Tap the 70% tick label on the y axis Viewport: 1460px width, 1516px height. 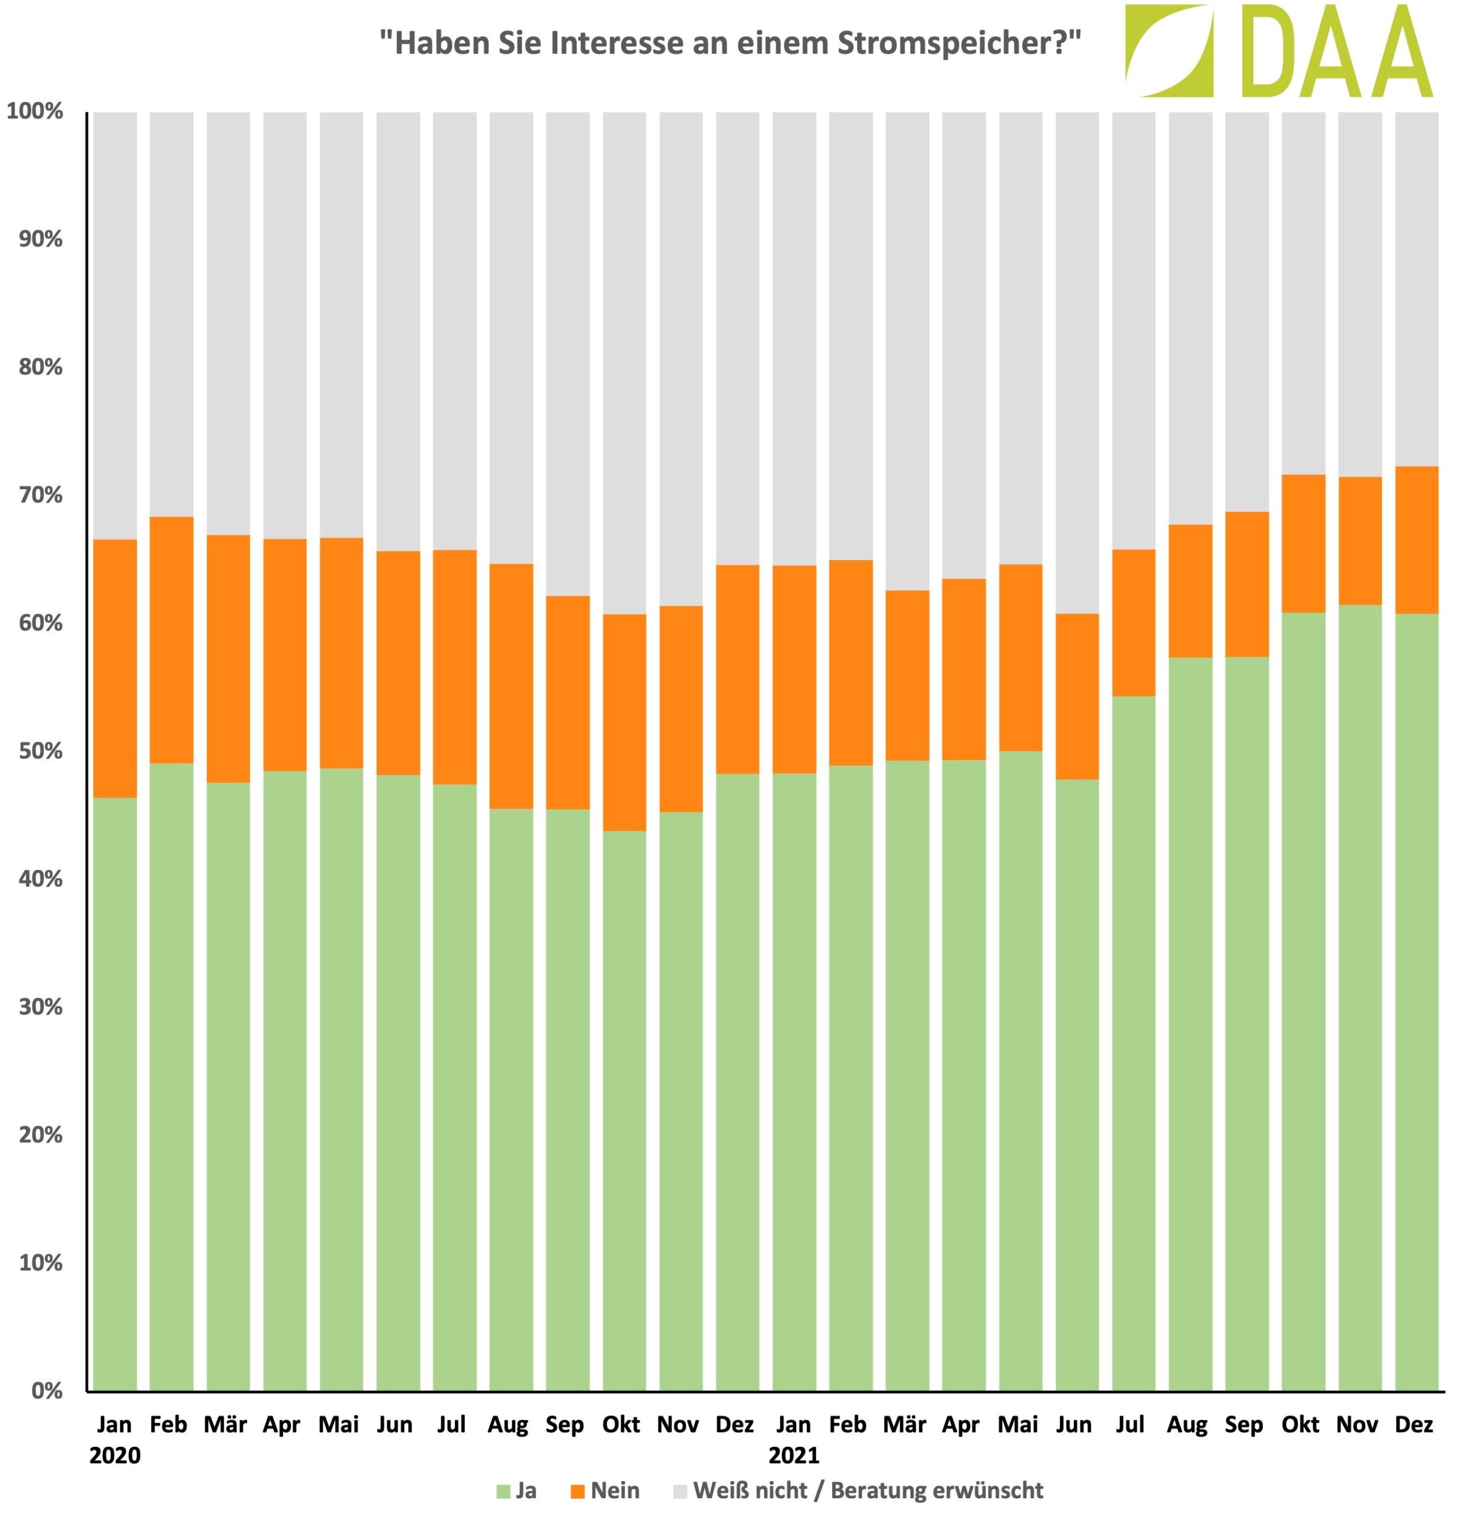point(40,495)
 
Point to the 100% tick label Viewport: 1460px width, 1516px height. point(36,111)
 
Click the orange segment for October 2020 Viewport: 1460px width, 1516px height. point(624,722)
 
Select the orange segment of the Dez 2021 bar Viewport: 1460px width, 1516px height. point(1416,540)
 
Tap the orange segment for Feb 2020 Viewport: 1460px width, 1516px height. point(172,640)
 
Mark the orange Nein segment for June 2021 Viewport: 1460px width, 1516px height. point(1077,696)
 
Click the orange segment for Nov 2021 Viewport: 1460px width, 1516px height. point(1359,541)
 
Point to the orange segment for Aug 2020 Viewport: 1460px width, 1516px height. point(511,686)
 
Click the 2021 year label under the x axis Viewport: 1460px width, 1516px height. point(794,1455)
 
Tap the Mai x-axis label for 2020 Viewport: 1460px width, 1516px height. point(339,1424)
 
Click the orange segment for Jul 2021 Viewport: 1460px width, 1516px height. point(1134,622)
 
